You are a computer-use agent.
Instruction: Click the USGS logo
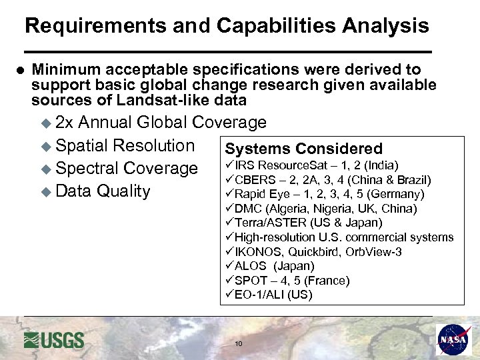54,340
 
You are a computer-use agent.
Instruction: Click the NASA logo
453,339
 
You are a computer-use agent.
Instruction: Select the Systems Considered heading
303,149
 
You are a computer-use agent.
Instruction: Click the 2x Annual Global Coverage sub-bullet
160,123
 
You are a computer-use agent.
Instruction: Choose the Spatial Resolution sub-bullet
125,145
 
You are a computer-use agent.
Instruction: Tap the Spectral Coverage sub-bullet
127,168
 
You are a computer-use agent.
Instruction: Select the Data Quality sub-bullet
103,191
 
